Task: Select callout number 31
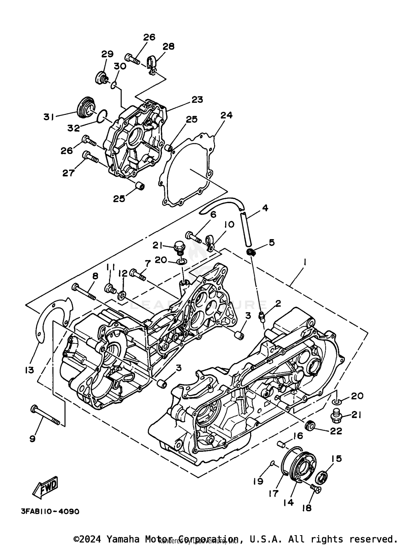tap(49, 117)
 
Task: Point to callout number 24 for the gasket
tap(226, 115)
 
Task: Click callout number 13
tap(30, 370)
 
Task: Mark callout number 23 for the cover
tap(197, 100)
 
